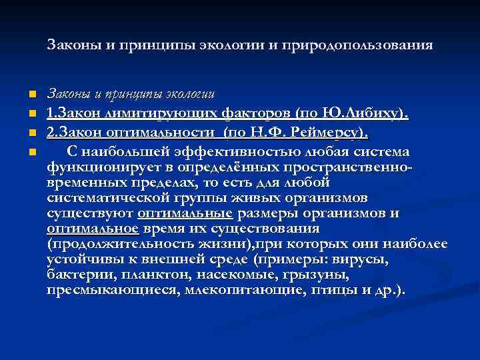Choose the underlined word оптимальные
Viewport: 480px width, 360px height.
(x=185, y=213)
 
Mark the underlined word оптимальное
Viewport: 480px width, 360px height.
(x=93, y=229)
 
